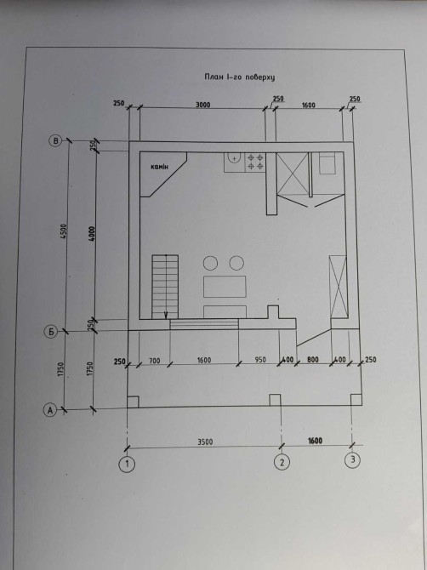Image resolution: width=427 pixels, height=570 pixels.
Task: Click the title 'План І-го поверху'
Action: (x=239, y=77)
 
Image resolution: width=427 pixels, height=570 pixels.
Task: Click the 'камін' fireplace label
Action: (x=160, y=167)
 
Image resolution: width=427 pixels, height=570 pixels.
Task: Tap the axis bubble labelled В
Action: (x=55, y=141)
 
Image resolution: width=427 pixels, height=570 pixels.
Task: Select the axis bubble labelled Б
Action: (x=51, y=332)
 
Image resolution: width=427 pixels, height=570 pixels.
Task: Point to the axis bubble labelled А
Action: (x=50, y=410)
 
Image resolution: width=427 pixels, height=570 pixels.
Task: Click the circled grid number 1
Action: (x=127, y=464)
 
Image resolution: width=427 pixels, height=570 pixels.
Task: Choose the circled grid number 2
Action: (x=282, y=462)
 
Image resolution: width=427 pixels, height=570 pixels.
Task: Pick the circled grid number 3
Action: (x=352, y=460)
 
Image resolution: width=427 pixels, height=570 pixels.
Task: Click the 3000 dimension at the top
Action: (x=202, y=105)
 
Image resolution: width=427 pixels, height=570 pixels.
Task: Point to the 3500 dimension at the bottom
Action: (x=205, y=442)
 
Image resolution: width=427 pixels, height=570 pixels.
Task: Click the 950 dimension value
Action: (x=260, y=360)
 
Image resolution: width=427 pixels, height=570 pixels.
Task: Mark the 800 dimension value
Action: (x=313, y=360)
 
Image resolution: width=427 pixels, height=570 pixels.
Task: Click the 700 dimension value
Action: (x=155, y=361)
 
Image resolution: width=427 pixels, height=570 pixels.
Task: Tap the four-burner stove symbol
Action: (x=255, y=162)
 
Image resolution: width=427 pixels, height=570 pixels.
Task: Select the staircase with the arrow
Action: (x=165, y=288)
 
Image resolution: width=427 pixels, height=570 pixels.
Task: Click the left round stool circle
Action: (x=210, y=263)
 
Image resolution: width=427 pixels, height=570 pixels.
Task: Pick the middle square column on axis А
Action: (x=275, y=400)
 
